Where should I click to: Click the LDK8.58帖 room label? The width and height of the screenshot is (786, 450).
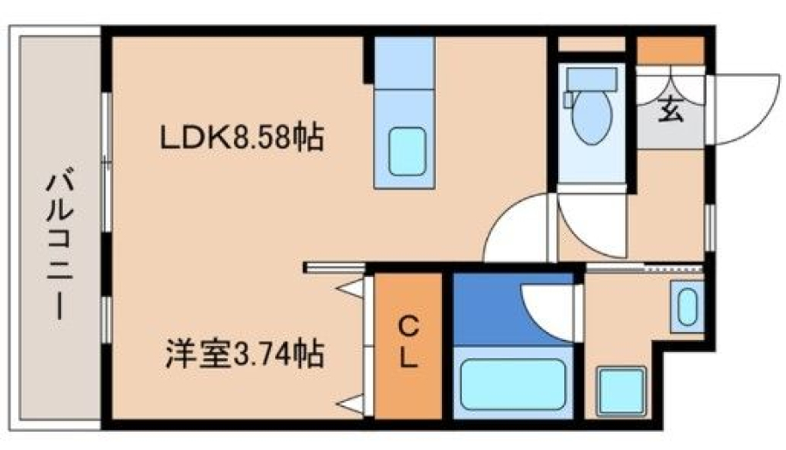242,137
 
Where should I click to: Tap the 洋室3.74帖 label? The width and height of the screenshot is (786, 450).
245,355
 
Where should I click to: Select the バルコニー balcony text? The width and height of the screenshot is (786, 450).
60,246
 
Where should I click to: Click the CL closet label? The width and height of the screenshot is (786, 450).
409,343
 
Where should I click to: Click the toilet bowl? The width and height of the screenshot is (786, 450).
592,117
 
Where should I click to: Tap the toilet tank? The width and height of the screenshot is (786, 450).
591,80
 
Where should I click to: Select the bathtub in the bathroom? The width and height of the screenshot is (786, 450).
513,384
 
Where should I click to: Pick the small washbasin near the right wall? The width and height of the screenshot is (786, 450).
687,307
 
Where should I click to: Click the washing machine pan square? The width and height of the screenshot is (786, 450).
622,391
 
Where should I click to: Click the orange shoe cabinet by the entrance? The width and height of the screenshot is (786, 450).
670,50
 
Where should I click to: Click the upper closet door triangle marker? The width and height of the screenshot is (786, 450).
351,288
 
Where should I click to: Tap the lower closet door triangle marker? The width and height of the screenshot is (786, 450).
351,404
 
